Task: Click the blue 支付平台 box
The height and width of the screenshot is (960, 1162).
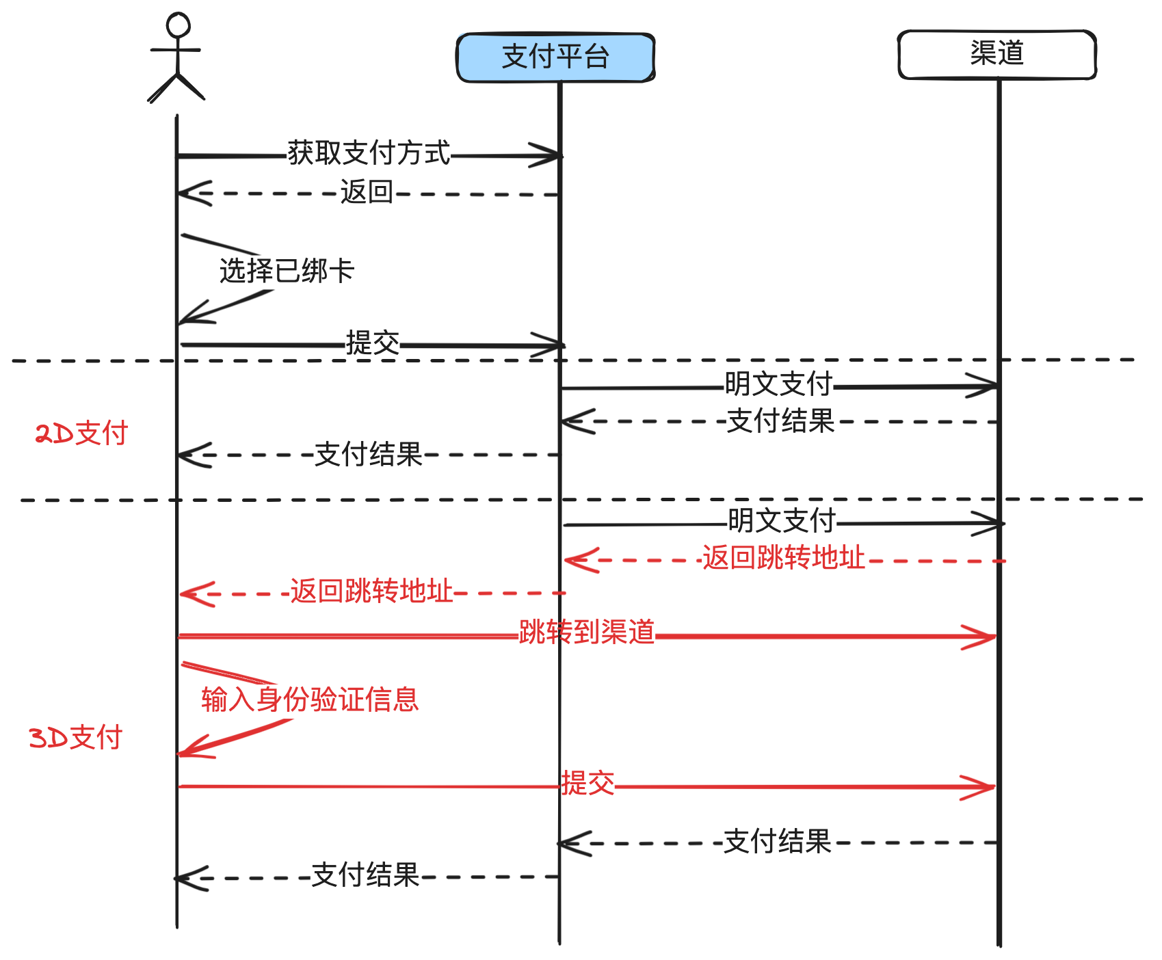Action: [555, 57]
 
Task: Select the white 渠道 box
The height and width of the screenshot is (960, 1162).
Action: [996, 54]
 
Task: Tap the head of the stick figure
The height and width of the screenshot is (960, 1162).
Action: [178, 25]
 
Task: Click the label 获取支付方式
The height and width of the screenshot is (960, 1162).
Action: [369, 153]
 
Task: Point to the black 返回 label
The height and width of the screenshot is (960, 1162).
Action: [367, 192]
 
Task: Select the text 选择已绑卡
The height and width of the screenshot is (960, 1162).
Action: [287, 271]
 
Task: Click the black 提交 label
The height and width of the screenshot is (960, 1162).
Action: [373, 343]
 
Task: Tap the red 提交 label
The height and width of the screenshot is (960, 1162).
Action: [587, 783]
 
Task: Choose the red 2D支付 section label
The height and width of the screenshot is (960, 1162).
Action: [81, 434]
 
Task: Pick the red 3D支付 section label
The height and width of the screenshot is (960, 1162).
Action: [75, 738]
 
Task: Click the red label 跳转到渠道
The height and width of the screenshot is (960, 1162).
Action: [587, 632]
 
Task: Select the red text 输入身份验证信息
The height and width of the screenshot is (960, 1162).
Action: [309, 699]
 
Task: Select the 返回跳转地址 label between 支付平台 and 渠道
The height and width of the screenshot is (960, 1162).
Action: [783, 558]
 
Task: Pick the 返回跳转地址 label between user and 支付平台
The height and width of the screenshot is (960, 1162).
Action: [371, 591]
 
